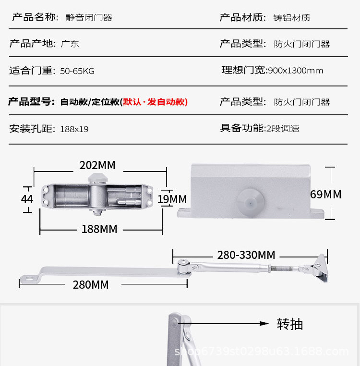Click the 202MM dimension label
point(97,165)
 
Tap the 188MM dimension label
point(99,229)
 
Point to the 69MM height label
point(325,195)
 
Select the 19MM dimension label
point(172,199)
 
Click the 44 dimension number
point(27,198)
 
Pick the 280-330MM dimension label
point(246,255)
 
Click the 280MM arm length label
point(91,285)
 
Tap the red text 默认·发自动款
point(155,102)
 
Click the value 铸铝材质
point(292,18)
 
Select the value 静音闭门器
point(89,18)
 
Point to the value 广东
point(70,44)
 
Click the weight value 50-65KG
point(77,71)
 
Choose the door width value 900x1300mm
point(295,71)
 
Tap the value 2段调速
point(283,128)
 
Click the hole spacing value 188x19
point(74,129)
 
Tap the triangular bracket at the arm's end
point(319,267)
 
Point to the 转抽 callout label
point(290,324)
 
